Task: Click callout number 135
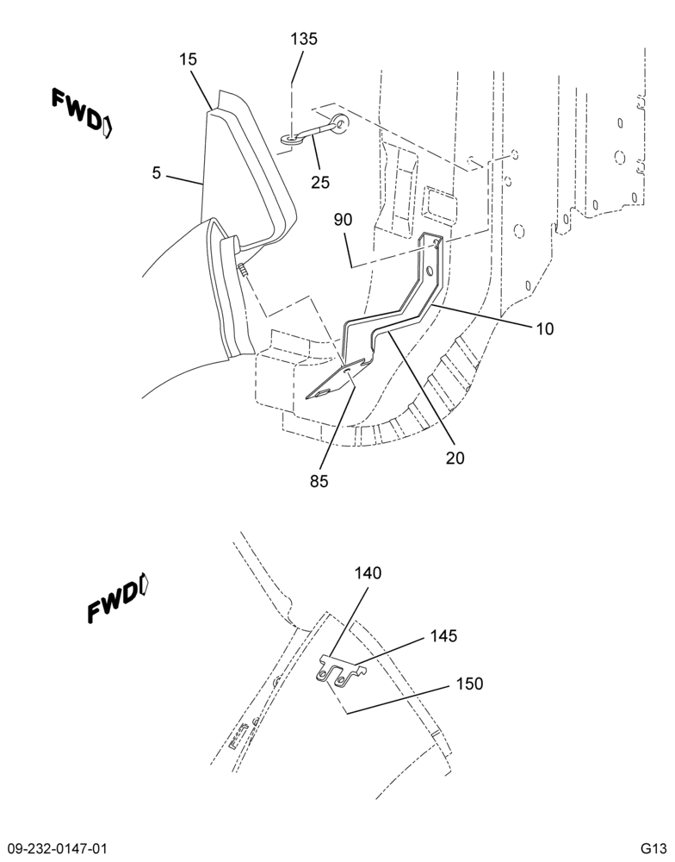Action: pos(304,39)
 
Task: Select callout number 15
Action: pos(188,59)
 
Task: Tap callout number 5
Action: pos(157,173)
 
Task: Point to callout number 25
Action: pos(320,182)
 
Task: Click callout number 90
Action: pos(343,220)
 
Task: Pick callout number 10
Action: pos(545,329)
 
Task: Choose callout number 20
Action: pos(455,458)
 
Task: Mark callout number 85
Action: pos(319,481)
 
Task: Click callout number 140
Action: pos(368,573)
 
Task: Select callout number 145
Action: pos(443,636)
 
